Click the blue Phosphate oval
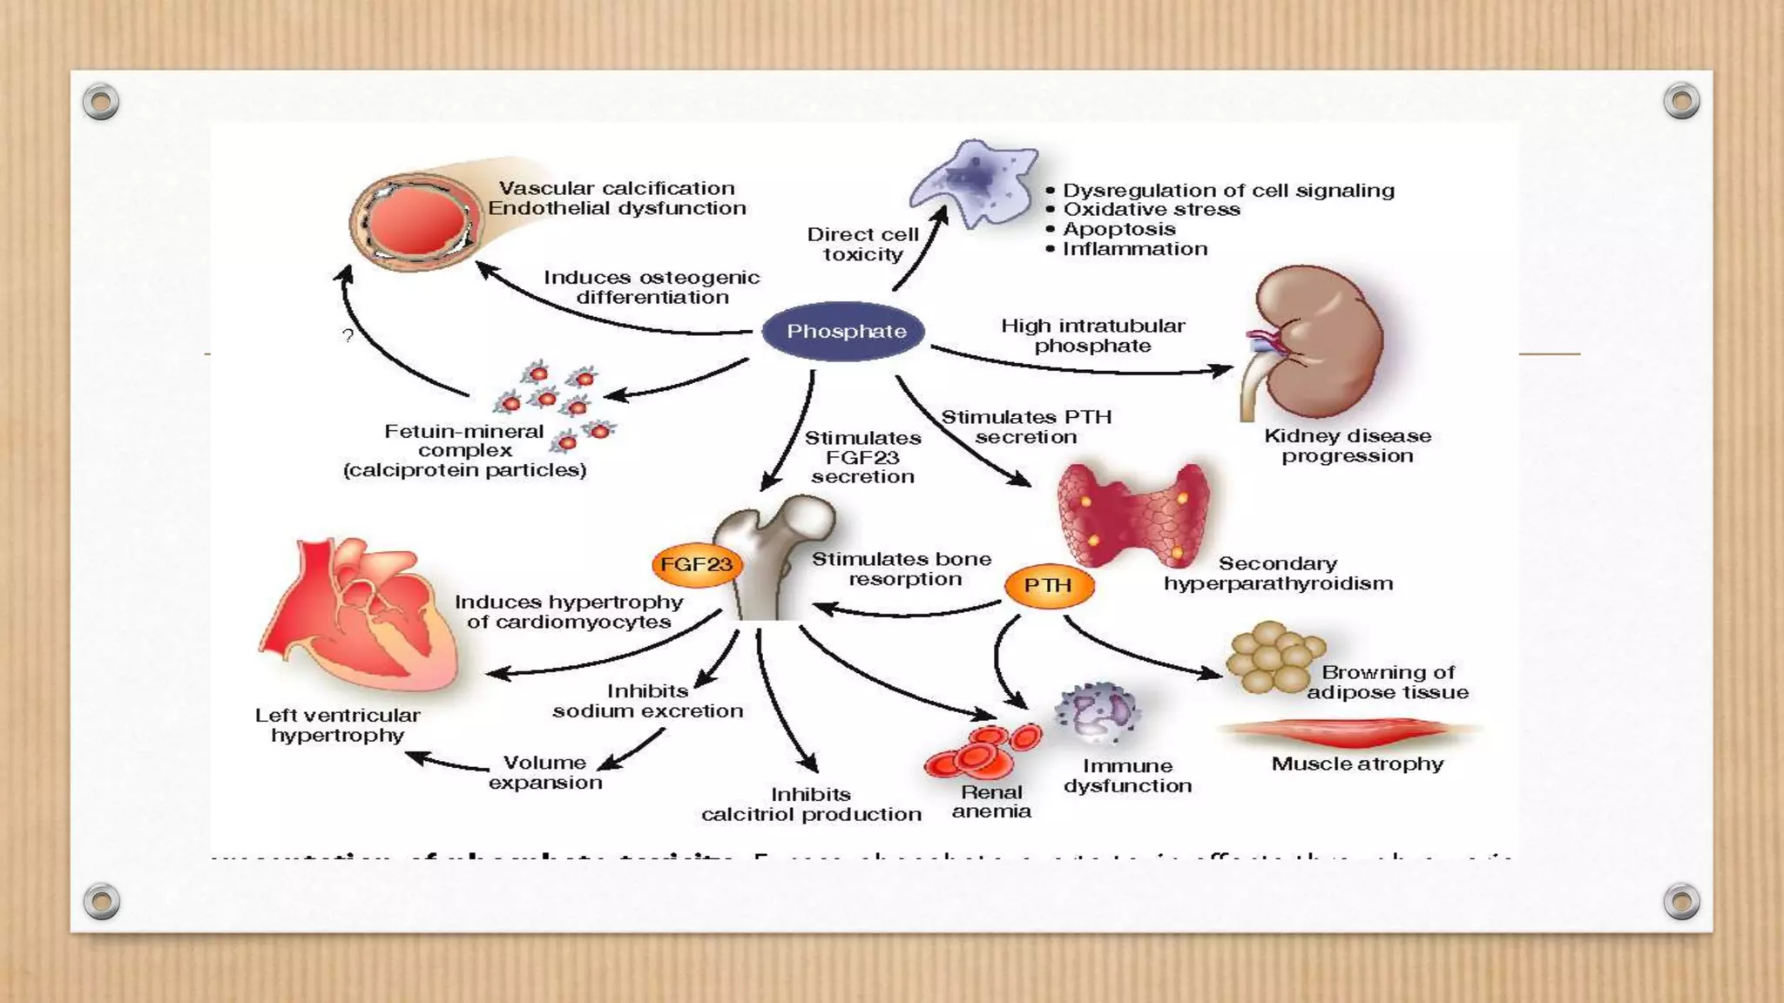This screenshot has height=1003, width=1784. [843, 332]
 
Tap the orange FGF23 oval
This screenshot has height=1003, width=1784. [696, 564]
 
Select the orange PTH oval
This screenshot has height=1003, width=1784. [1048, 586]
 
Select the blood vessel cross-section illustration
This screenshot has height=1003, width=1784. [416, 221]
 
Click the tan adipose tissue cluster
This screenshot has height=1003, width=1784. [1273, 658]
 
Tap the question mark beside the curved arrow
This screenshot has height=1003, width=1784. [348, 336]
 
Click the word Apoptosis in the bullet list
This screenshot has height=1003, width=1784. [1119, 229]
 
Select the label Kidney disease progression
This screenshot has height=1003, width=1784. [1347, 446]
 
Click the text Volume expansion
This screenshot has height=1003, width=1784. [545, 772]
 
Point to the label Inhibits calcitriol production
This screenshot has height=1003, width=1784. [811, 804]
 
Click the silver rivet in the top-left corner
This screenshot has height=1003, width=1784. [101, 102]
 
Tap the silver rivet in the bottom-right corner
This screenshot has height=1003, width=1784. [1681, 901]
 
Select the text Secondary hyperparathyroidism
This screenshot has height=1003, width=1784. [1278, 574]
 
